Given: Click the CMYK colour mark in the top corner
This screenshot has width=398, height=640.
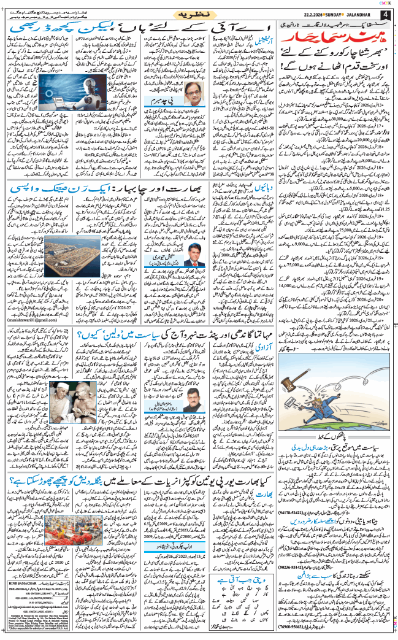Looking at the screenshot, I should coord(388,2).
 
